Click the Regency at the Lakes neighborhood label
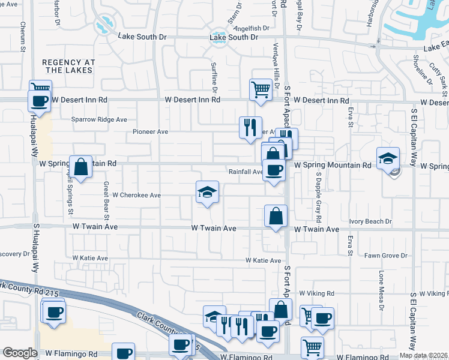point(68,66)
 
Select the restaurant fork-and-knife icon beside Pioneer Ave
point(250,127)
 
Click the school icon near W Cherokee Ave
point(207,192)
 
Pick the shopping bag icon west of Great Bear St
point(80,166)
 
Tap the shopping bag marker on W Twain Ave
point(276,217)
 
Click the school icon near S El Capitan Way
point(388,158)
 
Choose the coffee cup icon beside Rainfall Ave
point(274,170)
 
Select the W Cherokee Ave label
point(137,195)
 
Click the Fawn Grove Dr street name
point(387,256)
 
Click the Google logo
point(20,353)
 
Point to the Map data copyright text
point(424,355)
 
